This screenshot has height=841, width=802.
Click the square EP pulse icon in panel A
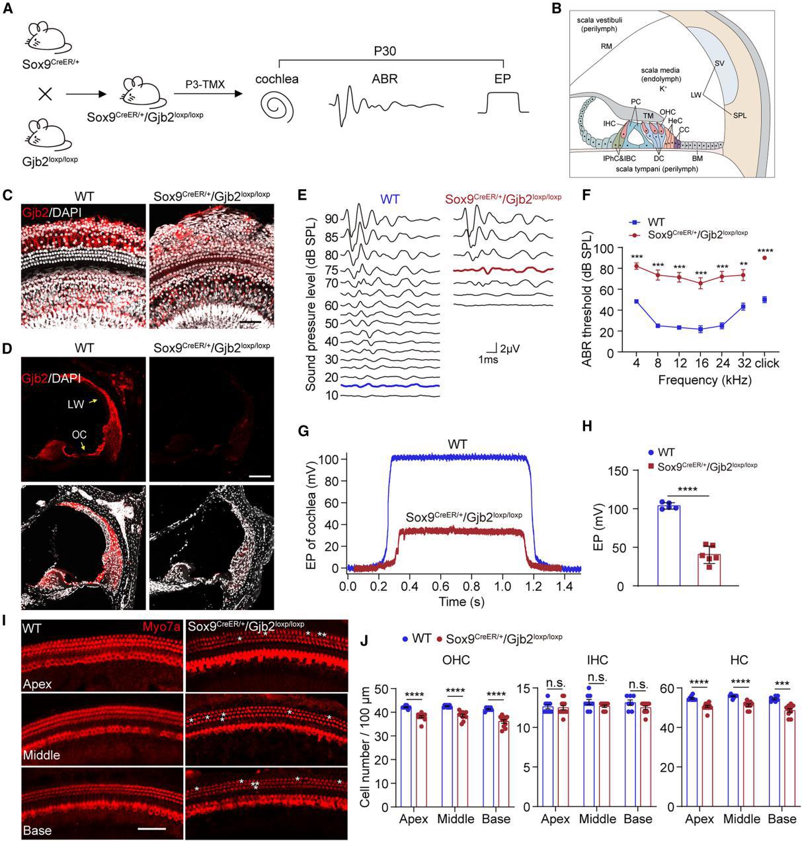coord(502,103)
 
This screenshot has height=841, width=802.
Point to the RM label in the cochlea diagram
coord(606,46)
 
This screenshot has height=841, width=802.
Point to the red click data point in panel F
coord(765,258)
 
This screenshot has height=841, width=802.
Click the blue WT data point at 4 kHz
coord(637,301)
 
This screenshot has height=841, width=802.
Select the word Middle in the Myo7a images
coord(41,755)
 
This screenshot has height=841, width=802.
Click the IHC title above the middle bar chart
coord(597,660)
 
